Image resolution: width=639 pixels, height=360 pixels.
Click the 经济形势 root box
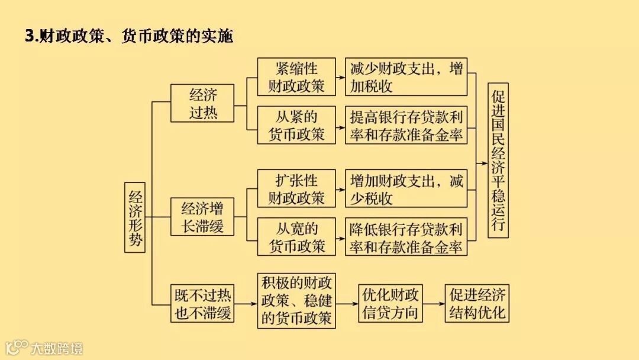[135, 217]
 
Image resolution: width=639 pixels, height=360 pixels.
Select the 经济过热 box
[202, 103]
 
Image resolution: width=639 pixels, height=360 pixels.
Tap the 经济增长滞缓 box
[202, 217]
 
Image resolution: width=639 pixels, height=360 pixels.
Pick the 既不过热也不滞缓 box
[202, 304]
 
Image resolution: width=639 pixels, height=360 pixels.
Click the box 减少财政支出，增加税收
[406, 77]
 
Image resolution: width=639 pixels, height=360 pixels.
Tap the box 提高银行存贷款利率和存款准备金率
[406, 125]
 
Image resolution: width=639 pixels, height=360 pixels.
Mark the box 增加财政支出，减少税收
[406, 189]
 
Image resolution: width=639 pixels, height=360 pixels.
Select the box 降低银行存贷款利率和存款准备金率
[406, 237]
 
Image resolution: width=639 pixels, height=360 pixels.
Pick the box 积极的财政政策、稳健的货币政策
[297, 300]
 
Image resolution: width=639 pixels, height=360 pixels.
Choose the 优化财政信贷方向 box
[390, 303]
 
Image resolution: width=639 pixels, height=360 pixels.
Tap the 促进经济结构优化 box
[477, 303]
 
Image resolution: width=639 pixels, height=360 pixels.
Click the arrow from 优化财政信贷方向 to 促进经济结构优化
[433, 303]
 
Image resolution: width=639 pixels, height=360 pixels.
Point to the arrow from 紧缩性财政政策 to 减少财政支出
[341, 77]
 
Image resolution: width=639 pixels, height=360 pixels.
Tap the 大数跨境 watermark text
[57, 348]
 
